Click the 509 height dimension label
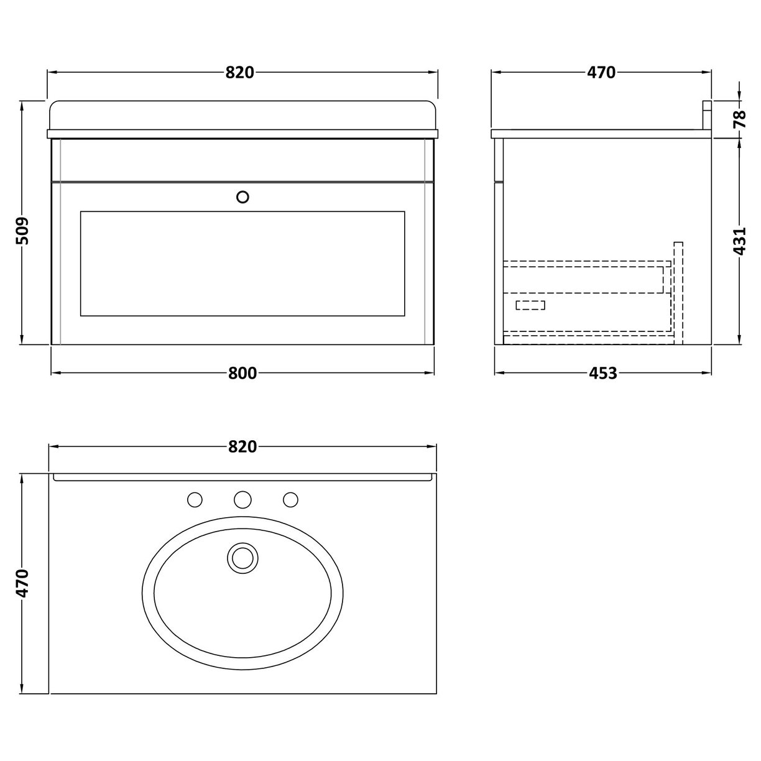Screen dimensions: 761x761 (x=22, y=231)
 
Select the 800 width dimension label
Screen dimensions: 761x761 (x=242, y=373)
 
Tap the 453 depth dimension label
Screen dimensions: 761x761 (x=602, y=373)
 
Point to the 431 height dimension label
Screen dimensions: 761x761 (x=739, y=241)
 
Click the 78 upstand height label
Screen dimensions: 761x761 (x=739, y=118)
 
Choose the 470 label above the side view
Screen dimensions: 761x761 (x=601, y=73)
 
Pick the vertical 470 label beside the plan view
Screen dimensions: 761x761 (x=22, y=583)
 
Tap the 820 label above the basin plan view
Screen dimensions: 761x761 (x=242, y=447)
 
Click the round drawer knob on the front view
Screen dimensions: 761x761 (x=243, y=196)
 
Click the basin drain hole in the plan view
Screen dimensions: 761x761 (x=242, y=556)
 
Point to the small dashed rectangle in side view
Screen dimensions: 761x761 (x=530, y=305)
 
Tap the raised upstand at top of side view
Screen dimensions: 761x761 (x=707, y=115)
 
